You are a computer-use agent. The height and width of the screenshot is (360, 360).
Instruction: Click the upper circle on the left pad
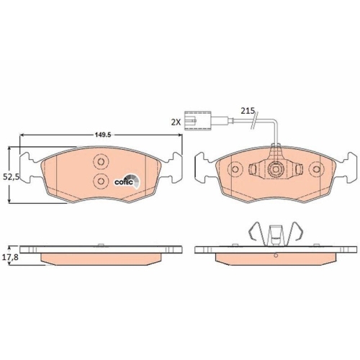pyautogui.click(x=100, y=163)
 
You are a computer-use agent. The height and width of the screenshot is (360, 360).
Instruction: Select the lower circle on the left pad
pyautogui.click(x=100, y=181)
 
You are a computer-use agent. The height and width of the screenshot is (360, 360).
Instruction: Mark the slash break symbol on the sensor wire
pyautogui.click(x=252, y=123)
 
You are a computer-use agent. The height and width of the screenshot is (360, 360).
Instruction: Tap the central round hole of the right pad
pyautogui.click(x=274, y=171)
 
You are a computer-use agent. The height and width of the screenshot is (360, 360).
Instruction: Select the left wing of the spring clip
pyautogui.click(x=250, y=233)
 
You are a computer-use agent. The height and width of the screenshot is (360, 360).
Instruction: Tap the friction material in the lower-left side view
pyautogui.click(x=101, y=257)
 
